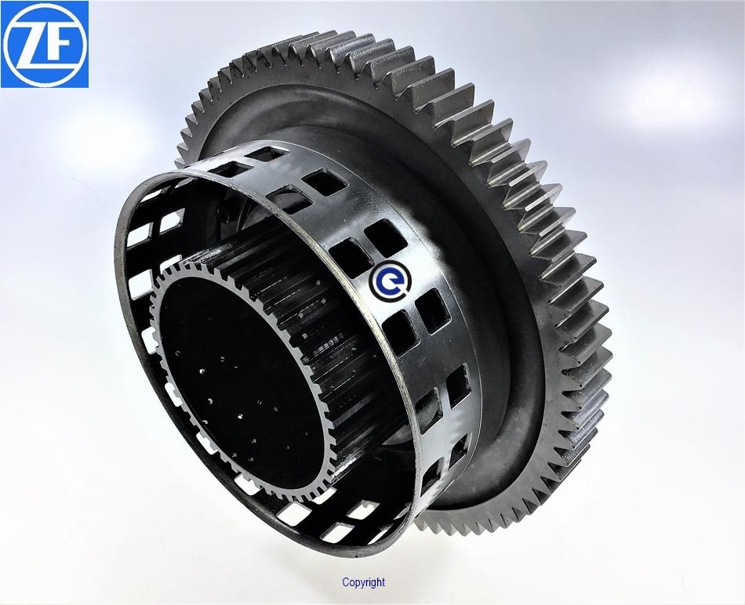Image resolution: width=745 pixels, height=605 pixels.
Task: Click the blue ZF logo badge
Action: tap(45, 44)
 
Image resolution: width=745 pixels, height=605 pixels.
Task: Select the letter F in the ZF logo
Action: tap(59, 45)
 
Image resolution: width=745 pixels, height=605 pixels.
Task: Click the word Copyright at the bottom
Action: tap(363, 582)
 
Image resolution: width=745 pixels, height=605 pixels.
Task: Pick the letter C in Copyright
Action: tap(345, 581)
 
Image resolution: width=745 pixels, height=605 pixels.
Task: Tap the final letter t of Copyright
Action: tap(383, 581)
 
